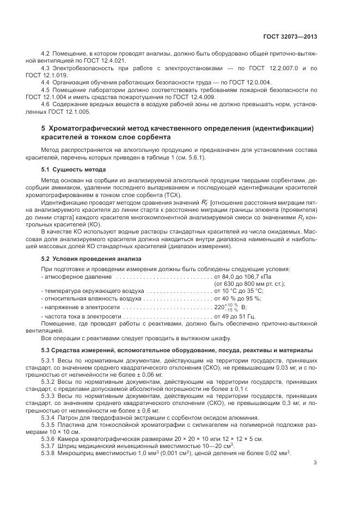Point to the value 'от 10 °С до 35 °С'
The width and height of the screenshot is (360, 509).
pyautogui.click(x=239, y=291)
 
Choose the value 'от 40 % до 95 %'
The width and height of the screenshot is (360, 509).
pyautogui.click(x=238, y=298)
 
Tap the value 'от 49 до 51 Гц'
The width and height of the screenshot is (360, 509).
pyautogui.click(x=235, y=316)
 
